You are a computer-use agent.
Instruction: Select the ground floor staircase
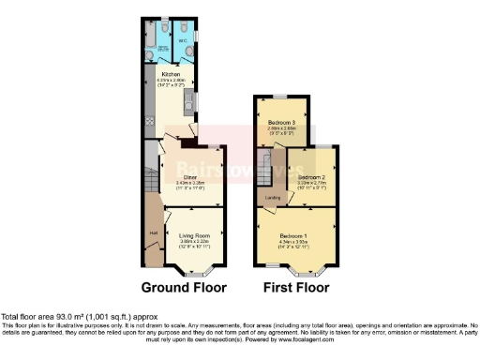click(x=150, y=173)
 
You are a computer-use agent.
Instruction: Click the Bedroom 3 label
click(x=280, y=124)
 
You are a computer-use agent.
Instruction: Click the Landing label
click(x=273, y=198)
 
